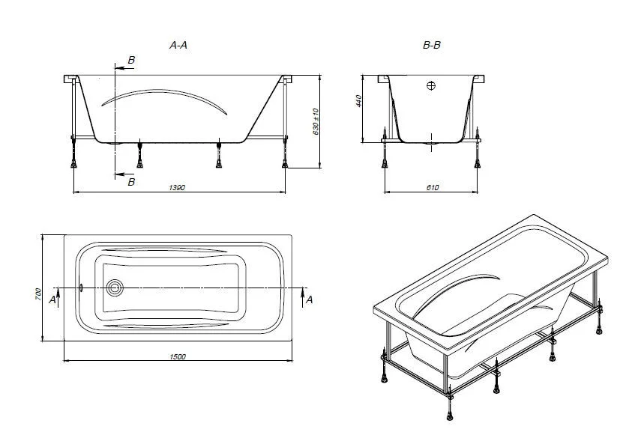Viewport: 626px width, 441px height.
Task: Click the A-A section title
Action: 178,45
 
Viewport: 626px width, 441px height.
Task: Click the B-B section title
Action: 432,45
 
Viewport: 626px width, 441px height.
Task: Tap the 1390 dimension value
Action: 177,187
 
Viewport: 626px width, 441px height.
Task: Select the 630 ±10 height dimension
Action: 316,121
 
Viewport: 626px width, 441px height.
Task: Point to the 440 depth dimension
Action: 358,101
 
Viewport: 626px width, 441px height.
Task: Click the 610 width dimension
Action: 433,187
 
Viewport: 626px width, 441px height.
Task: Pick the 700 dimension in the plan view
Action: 38,294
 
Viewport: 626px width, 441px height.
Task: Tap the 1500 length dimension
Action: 178,357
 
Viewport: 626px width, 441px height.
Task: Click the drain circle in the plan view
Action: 115,288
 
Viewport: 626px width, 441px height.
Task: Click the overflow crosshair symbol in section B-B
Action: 431,85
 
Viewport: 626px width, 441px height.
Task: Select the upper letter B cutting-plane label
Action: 131,60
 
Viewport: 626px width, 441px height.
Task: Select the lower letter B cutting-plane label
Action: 131,182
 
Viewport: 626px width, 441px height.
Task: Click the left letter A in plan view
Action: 52,299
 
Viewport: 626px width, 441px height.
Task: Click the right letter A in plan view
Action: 309,299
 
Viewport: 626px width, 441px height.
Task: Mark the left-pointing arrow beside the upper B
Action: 124,68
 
